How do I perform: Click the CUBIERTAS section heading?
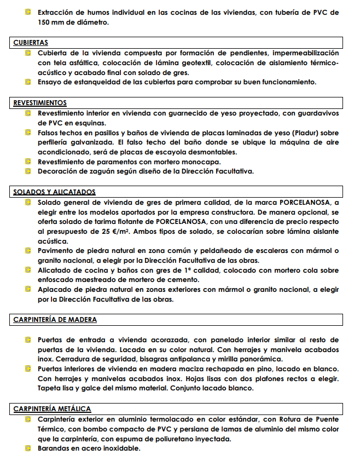[x=31, y=42]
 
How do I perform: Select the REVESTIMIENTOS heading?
[x=40, y=102]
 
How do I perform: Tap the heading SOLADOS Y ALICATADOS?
[x=54, y=192]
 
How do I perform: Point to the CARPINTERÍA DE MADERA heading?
[x=55, y=319]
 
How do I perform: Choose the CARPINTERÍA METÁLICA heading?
[x=52, y=408]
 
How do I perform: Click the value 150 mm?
[x=51, y=22]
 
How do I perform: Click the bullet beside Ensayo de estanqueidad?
[x=28, y=82]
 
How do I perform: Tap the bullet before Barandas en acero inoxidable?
[x=28, y=448]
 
